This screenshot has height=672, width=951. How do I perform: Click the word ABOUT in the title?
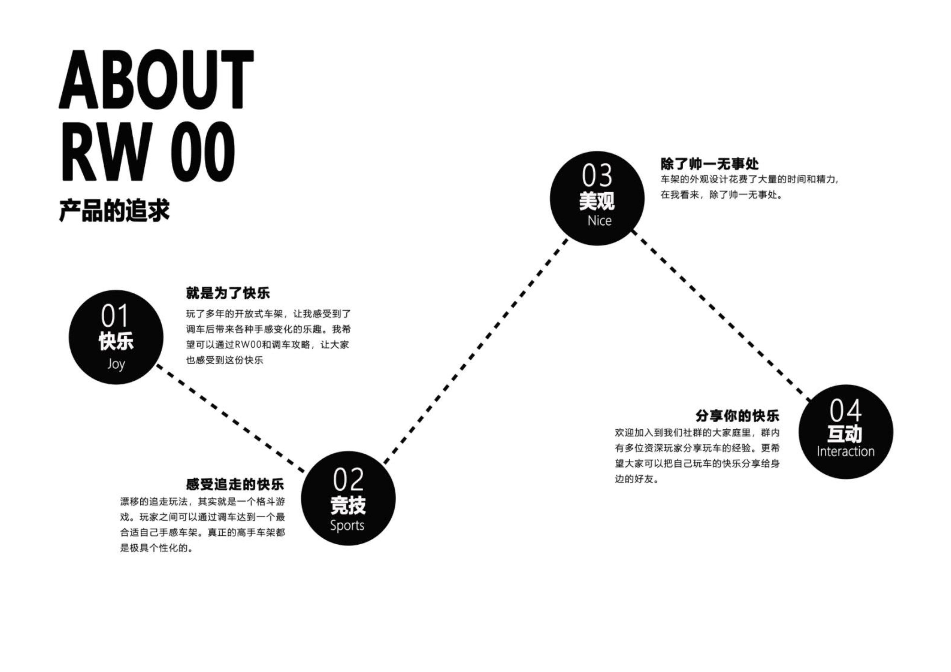coord(156,80)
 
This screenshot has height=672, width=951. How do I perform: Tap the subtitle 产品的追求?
coord(114,211)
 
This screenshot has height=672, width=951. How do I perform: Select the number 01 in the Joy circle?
coord(115,317)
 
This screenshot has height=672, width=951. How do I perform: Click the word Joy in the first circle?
coord(116,364)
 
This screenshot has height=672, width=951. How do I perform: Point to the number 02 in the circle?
coord(348,479)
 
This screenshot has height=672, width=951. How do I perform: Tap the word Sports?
coord(347,526)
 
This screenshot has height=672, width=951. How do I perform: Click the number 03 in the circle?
coord(597,176)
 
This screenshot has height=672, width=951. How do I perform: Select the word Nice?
coord(599,221)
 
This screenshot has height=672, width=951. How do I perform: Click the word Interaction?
coord(845,452)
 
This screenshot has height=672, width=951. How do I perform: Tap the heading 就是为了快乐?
coord(228,293)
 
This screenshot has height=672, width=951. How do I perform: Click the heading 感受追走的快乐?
coord(235,484)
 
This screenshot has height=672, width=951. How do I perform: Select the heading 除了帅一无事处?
coord(709,164)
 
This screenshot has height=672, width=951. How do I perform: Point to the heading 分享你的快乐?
coord(737,415)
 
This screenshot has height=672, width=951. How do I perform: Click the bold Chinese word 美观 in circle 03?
coord(597,201)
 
